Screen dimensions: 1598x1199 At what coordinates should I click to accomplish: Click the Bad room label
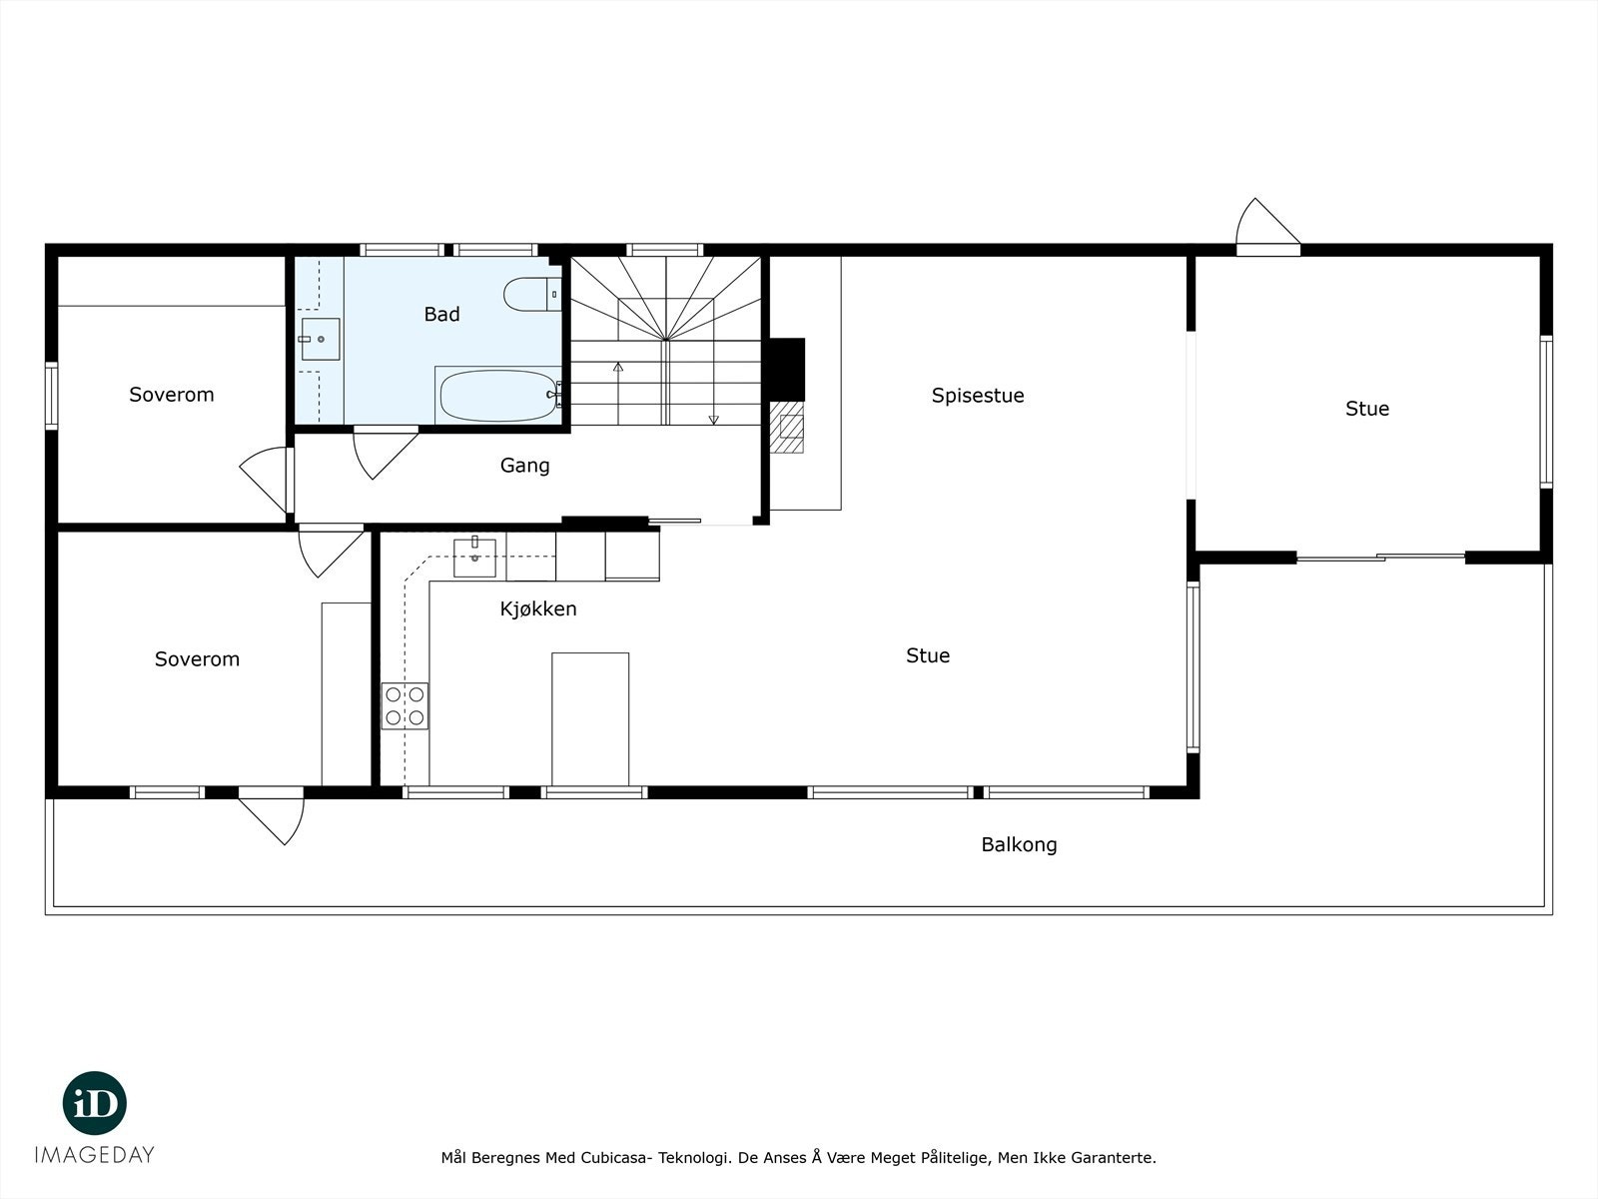[x=441, y=314]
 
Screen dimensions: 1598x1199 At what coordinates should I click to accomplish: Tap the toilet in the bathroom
[x=532, y=294]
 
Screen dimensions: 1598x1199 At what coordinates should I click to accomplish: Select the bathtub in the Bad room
[x=498, y=396]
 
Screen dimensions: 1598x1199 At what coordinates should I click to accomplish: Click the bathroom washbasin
[x=320, y=339]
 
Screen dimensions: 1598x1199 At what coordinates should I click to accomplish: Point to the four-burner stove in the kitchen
[x=404, y=706]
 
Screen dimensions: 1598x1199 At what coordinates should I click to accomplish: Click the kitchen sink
[x=474, y=558]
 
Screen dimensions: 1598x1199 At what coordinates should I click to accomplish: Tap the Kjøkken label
[x=538, y=608]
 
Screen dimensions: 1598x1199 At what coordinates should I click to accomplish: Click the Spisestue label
[x=978, y=396]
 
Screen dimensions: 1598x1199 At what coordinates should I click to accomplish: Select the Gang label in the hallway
[x=524, y=466]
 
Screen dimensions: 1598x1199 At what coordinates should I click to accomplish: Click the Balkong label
[x=1019, y=844]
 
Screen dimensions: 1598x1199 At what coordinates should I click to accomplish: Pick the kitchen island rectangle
[x=590, y=719]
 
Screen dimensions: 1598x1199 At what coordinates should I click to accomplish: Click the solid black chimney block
[x=787, y=369]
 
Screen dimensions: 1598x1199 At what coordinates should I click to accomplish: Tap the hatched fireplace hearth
[x=787, y=427]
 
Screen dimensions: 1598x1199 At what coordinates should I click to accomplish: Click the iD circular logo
[x=95, y=1103]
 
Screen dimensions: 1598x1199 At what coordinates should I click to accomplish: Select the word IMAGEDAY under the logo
[x=95, y=1155]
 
